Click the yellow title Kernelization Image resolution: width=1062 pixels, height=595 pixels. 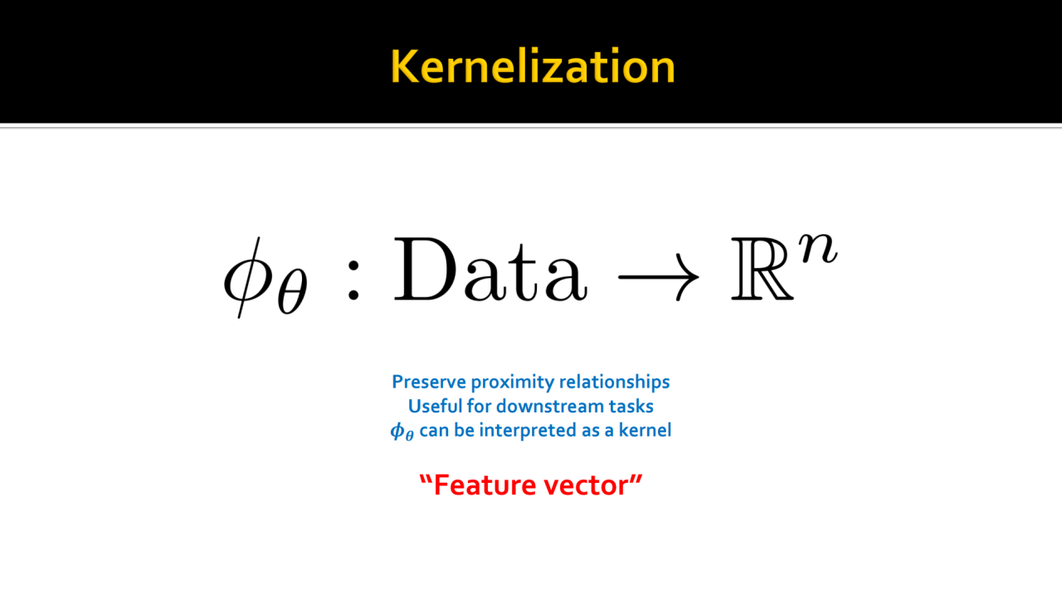click(x=533, y=66)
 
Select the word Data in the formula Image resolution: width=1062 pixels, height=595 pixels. click(x=490, y=270)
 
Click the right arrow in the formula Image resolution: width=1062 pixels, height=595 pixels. click(x=659, y=277)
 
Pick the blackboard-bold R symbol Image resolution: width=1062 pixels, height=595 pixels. click(x=762, y=270)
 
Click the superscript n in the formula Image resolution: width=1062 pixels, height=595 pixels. click(x=818, y=248)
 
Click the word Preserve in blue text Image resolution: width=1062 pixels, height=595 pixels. click(x=429, y=382)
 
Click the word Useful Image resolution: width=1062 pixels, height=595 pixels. click(x=436, y=406)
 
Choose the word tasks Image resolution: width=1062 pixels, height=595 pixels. click(x=631, y=407)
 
